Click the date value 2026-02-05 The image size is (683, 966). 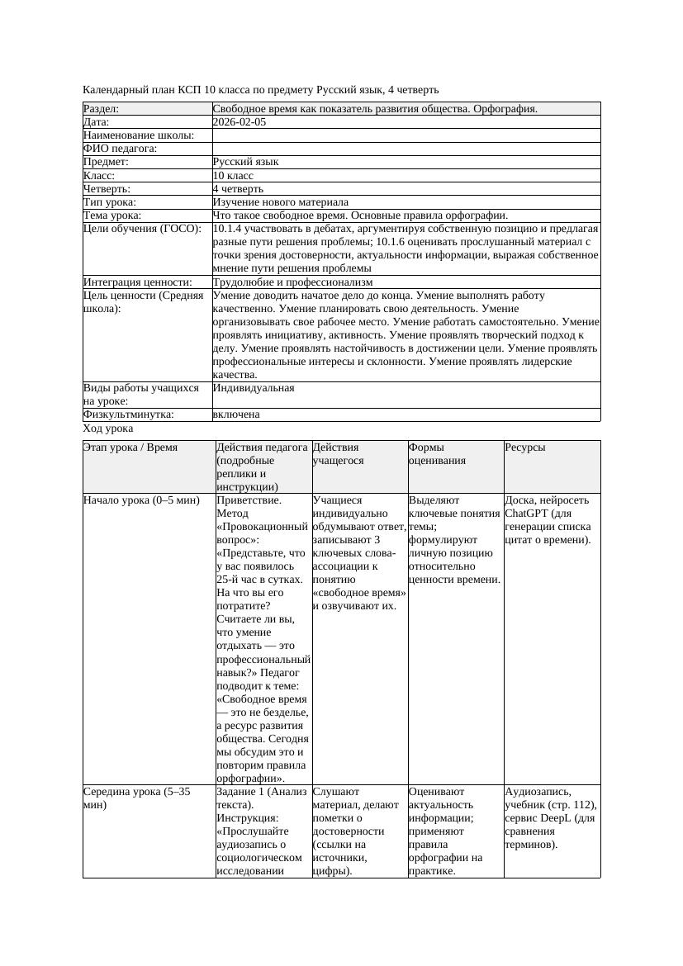coord(240,122)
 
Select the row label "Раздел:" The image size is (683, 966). coord(102,109)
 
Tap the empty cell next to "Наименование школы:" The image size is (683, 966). coord(406,135)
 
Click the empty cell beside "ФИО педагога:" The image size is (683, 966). coord(406,149)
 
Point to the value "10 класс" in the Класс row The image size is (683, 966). coord(233,176)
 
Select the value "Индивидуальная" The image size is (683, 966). coord(254,388)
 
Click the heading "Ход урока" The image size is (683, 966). coord(108,429)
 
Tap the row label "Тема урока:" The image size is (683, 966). coord(112,215)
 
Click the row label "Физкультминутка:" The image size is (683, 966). coord(128,414)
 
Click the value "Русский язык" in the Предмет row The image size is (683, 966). coord(245,163)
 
